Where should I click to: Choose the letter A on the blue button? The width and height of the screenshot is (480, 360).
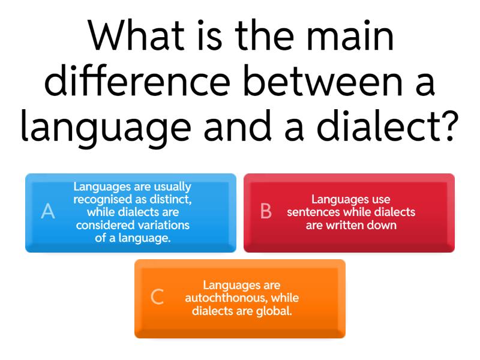(x=48, y=212)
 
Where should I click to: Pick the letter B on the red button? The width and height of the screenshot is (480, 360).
(x=266, y=212)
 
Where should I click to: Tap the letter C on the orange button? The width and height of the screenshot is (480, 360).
(x=157, y=297)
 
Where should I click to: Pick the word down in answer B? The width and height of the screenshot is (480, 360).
(x=384, y=225)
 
